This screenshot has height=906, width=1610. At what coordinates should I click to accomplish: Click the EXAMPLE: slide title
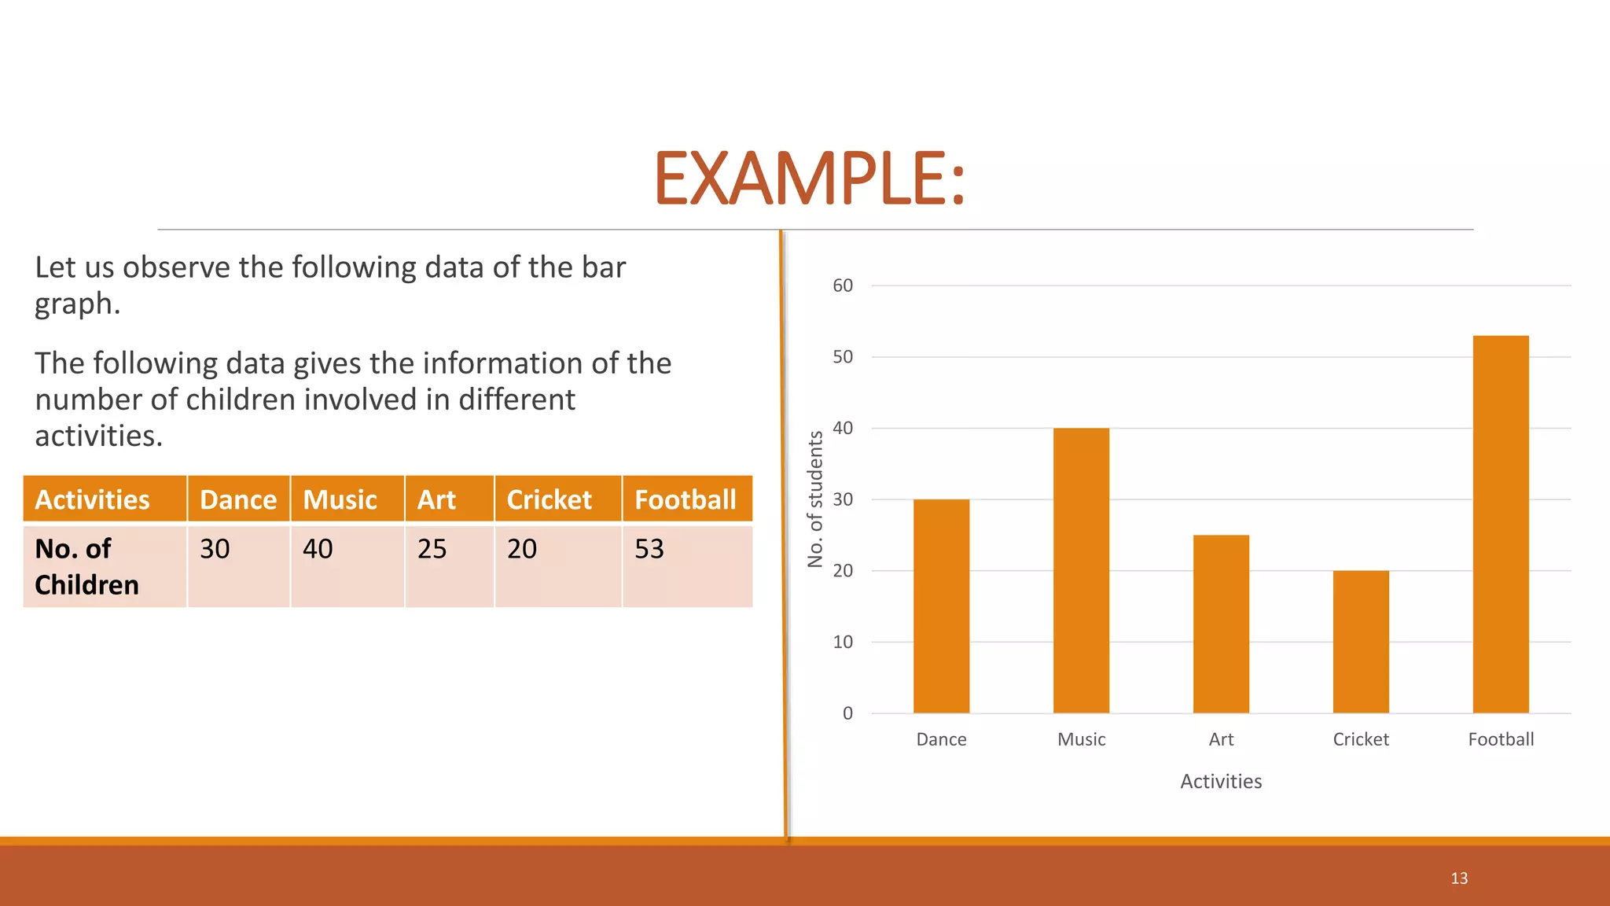click(810, 179)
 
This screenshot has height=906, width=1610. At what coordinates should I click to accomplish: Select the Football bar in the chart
click(1500, 525)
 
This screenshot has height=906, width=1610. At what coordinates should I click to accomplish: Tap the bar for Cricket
click(1361, 642)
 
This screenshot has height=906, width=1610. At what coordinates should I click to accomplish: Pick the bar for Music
click(1081, 570)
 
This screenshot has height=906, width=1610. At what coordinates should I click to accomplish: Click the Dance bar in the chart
click(941, 606)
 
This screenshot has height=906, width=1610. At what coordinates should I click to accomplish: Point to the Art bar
click(1221, 624)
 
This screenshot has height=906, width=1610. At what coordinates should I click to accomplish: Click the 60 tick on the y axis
click(843, 285)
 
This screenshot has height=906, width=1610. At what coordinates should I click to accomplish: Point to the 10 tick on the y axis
click(843, 643)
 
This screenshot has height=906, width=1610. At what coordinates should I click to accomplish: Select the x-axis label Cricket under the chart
click(1361, 739)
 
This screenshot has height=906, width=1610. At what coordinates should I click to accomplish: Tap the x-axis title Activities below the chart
click(1221, 781)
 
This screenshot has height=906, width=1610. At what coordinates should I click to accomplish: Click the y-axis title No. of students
click(815, 499)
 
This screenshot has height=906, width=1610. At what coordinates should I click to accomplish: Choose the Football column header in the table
click(686, 499)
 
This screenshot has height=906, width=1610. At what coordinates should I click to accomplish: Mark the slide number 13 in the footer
click(1459, 878)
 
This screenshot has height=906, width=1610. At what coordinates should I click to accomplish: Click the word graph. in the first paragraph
click(77, 304)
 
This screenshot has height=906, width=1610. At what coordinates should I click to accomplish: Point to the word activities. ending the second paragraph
click(98, 436)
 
